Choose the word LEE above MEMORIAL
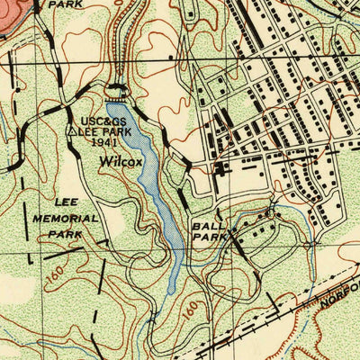click(x=66, y=203)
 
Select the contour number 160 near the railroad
click(x=190, y=311)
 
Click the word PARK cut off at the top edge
click(x=64, y=4)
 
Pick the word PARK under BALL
click(x=206, y=239)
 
